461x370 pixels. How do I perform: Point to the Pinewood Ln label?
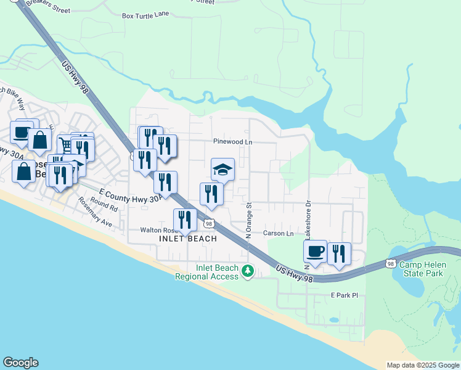pyautogui.click(x=233, y=142)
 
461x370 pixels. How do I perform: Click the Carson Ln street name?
pyautogui.click(x=279, y=234)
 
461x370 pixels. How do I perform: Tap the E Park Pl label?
pyautogui.click(x=344, y=295)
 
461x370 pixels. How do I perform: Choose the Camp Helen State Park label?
pyautogui.click(x=422, y=269)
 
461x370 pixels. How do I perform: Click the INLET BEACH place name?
pyautogui.click(x=188, y=239)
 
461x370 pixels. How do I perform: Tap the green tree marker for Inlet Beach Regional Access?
pyautogui.click(x=248, y=271)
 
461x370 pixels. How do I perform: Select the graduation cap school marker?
pyautogui.click(x=222, y=169)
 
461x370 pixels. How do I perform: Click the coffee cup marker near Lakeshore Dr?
pyautogui.click(x=315, y=251)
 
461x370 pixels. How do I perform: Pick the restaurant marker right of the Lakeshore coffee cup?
pyautogui.click(x=339, y=253)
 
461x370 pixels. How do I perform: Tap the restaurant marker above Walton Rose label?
pyautogui.click(x=185, y=219)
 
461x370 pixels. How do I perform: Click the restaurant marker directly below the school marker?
pyautogui.click(x=211, y=193)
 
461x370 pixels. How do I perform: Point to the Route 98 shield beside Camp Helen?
pyautogui.click(x=391, y=264)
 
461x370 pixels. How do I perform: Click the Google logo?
pyautogui.click(x=20, y=363)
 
